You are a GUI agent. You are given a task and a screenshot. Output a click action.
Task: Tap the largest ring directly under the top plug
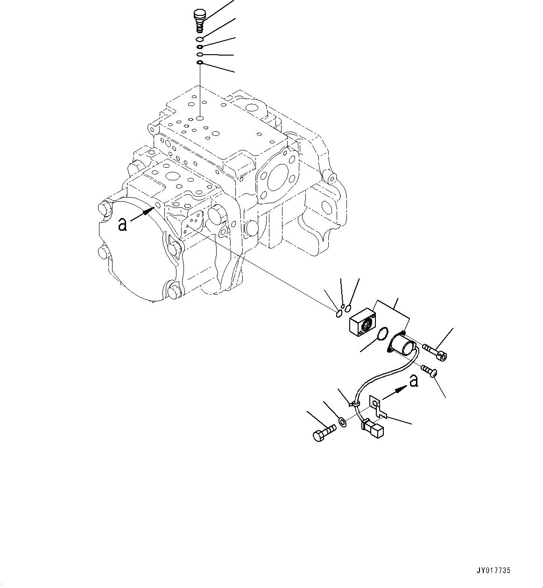pos(199,39)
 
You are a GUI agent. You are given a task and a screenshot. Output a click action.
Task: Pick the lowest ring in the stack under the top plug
pos(199,62)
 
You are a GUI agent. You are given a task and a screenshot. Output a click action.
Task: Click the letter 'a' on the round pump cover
pos(123,225)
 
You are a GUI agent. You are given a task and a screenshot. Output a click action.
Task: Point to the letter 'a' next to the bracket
pos(413,382)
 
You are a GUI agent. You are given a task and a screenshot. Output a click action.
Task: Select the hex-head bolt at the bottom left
pos(323,432)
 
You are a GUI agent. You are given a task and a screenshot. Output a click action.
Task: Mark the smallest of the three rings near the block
pos(343,306)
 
